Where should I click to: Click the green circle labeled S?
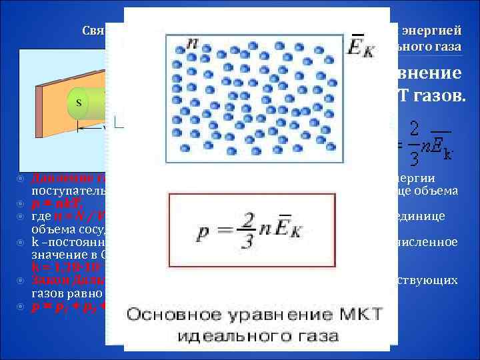click(x=79, y=103)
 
